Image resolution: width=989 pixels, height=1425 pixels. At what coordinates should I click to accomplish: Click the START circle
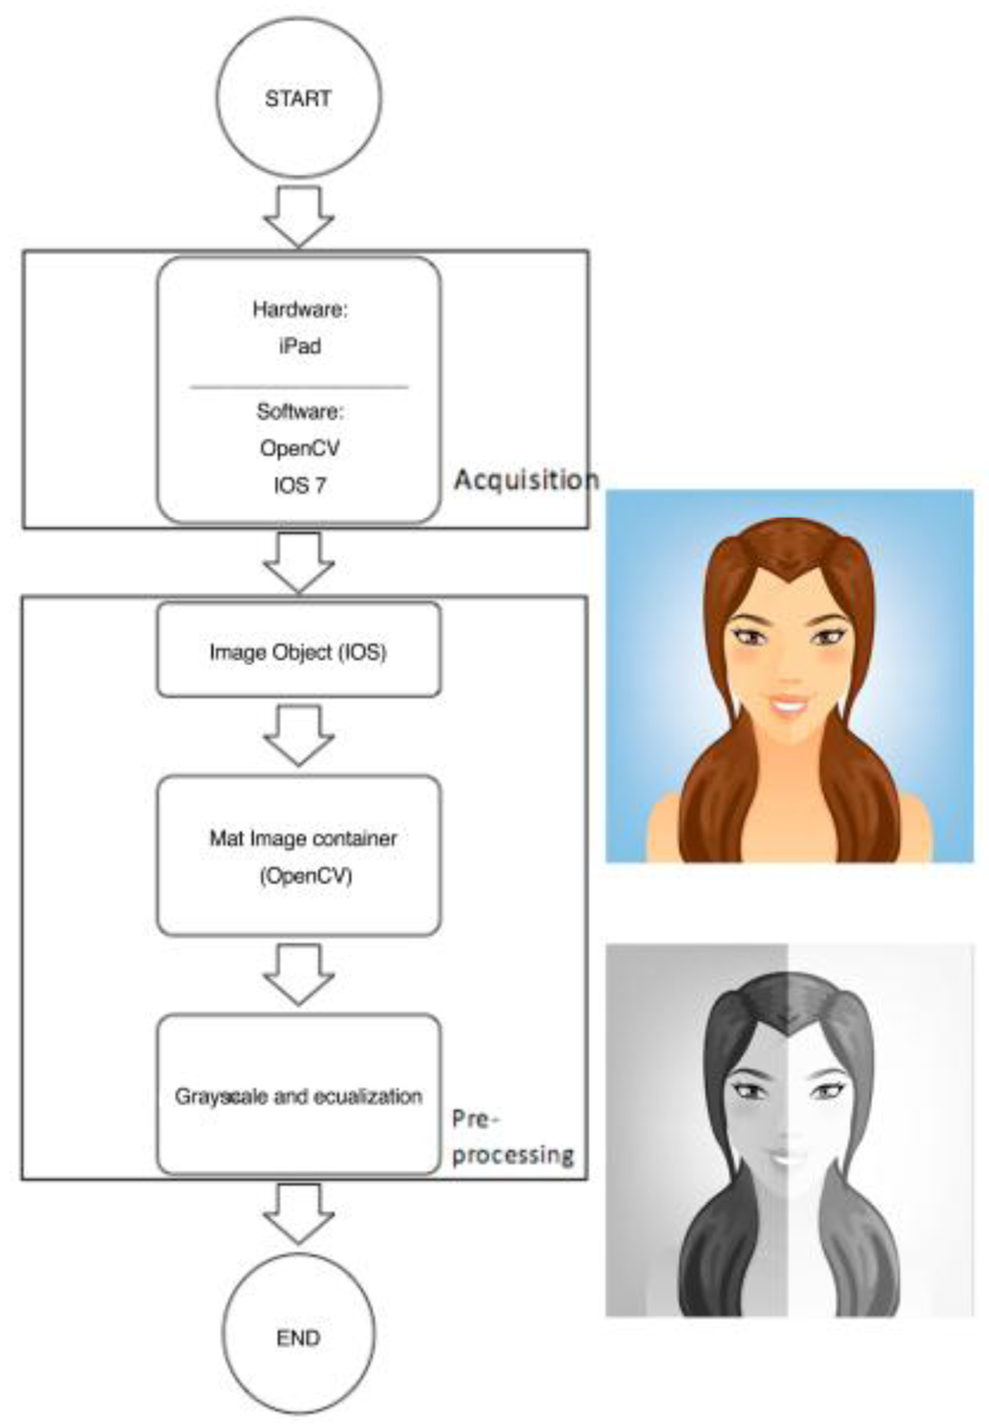click(298, 98)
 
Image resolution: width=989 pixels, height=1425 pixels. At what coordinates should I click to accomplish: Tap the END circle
click(298, 1338)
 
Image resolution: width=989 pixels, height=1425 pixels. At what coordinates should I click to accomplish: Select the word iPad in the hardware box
click(299, 346)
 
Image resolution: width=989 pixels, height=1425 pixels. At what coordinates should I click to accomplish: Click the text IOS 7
click(299, 485)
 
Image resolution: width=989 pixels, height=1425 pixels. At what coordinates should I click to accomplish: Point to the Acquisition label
click(525, 479)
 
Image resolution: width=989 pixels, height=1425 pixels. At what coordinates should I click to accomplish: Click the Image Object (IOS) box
click(298, 651)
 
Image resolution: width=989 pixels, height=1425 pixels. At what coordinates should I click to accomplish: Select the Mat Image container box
click(298, 856)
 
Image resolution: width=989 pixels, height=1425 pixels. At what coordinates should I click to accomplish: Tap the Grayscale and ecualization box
click(298, 1096)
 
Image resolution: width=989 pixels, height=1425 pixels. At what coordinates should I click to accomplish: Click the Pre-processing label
click(512, 1137)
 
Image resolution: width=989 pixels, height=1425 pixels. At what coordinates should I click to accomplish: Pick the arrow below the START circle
click(298, 214)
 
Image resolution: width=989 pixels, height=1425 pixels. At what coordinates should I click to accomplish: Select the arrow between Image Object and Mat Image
click(298, 734)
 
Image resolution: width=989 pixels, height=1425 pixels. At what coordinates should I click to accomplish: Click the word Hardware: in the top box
click(299, 309)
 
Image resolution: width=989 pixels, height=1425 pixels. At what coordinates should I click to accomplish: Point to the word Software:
click(299, 412)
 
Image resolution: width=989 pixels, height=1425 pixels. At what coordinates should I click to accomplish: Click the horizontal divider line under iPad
click(298, 386)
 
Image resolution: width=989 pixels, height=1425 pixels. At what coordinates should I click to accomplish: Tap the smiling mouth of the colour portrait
click(789, 701)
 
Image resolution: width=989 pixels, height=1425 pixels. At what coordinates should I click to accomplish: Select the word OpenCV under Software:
click(299, 448)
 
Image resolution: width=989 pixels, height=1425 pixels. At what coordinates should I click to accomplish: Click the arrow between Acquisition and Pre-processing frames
click(298, 561)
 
